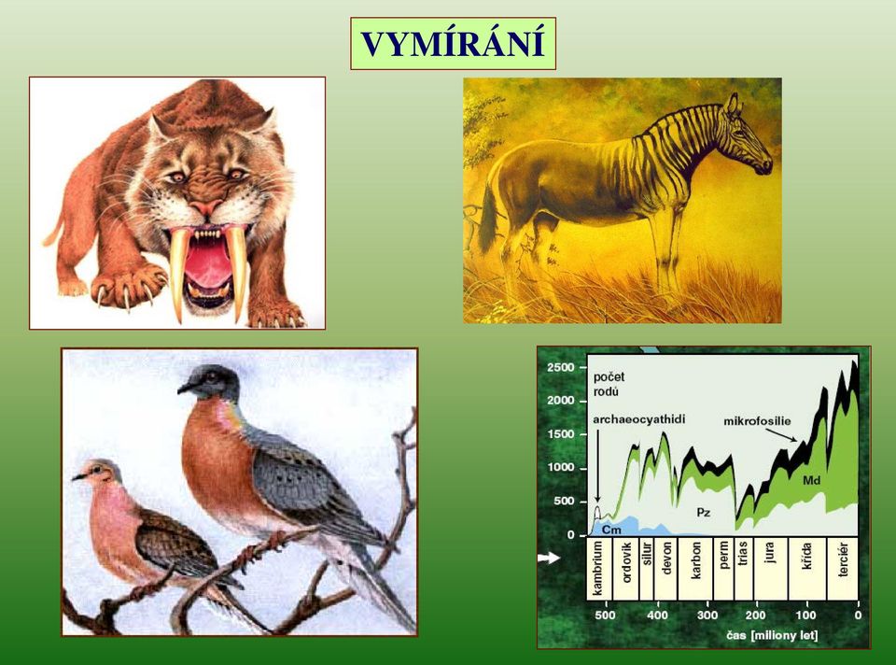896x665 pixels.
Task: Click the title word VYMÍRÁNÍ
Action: pos(453,44)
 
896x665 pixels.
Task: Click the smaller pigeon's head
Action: pos(98,472)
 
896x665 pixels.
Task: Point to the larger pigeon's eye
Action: pos(212,376)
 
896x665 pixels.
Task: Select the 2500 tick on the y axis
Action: pos(560,367)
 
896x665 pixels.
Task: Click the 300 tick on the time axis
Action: pos(707,615)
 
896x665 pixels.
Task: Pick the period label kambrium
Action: pos(597,569)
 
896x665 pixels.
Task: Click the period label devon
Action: pos(665,559)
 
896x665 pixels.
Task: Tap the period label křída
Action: pos(806,557)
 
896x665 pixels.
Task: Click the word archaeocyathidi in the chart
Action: pos(638,419)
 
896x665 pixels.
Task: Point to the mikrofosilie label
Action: pos(757,421)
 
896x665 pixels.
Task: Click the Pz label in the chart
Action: pos(704,513)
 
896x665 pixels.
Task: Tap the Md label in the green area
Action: pos(811,480)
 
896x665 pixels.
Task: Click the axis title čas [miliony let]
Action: pos(772,635)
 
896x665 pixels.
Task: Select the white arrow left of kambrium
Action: pos(550,557)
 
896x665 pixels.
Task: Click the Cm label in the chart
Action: pos(611,530)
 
